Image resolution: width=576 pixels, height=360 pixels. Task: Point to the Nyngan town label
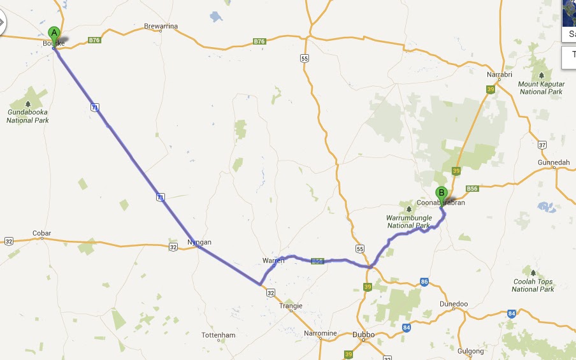pyautogui.click(x=199, y=242)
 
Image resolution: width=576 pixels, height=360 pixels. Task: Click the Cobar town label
pyautogui.click(x=42, y=234)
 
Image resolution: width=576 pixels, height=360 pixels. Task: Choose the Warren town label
pyautogui.click(x=273, y=261)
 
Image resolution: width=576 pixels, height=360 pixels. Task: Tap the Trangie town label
pyautogui.click(x=291, y=306)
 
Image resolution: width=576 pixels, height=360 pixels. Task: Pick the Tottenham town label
pyautogui.click(x=218, y=335)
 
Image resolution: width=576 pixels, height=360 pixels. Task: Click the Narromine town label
pyautogui.click(x=320, y=333)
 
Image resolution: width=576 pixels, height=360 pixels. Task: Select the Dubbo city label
pyautogui.click(x=363, y=334)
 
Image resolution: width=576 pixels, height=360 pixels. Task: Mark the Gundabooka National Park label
pyautogui.click(x=28, y=116)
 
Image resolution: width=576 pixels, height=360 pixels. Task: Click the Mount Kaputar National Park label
pyautogui.click(x=541, y=88)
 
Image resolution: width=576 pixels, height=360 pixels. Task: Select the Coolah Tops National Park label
pyautogui.click(x=533, y=285)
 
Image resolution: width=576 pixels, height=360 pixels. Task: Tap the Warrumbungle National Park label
pyautogui.click(x=409, y=222)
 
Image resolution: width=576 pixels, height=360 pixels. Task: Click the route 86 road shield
pyautogui.click(x=424, y=282)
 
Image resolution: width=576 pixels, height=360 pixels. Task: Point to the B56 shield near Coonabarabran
pyautogui.click(x=472, y=189)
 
